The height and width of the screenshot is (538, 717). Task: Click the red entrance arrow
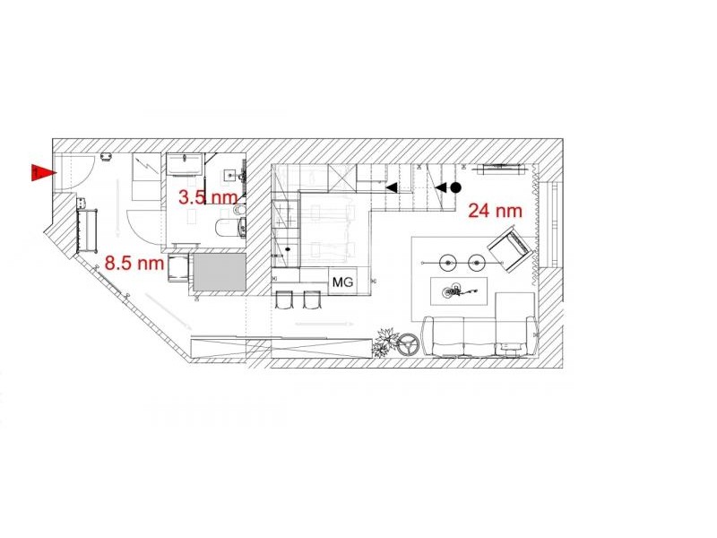43,172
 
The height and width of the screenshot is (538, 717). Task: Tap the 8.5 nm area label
134,263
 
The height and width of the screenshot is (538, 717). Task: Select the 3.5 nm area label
208,197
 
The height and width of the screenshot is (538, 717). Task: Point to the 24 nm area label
496,211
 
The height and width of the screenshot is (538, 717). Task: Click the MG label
342,282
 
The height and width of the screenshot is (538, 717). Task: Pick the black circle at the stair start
455,187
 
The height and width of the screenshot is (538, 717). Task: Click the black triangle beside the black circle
440,187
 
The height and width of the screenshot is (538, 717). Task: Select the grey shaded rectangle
220,273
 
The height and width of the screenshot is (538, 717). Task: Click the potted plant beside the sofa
384,343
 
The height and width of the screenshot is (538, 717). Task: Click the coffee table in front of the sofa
459,291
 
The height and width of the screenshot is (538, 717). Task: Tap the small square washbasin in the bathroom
229,175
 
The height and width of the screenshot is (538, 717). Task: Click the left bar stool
283,299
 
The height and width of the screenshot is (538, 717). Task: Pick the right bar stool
312,299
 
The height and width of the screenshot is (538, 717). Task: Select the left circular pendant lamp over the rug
448,263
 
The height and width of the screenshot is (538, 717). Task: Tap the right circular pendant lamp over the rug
477,263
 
